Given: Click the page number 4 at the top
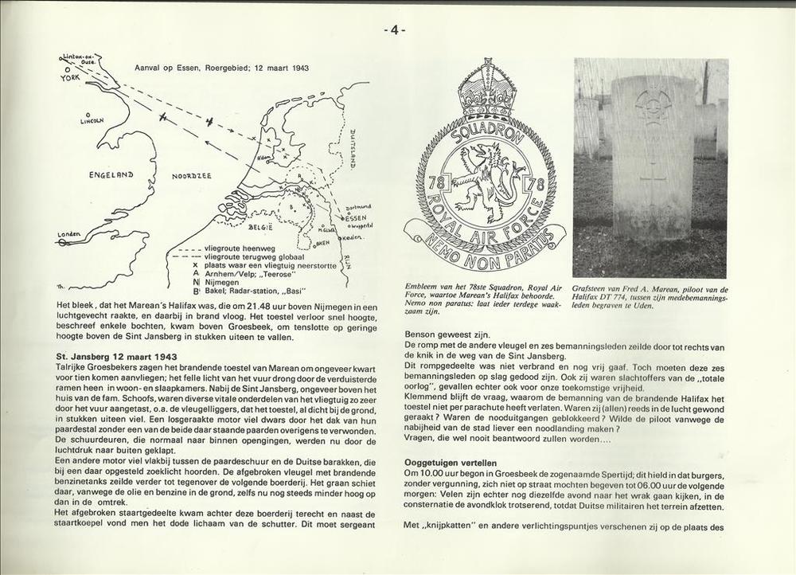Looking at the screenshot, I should point(395,30).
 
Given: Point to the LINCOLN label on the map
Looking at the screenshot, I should point(92,121).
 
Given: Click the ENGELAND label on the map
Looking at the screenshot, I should point(111,174).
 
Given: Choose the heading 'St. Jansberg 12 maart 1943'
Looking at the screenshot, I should point(117,355).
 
